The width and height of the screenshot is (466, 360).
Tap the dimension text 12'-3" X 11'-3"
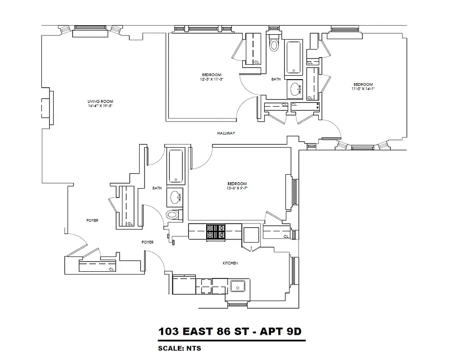[x=212, y=79]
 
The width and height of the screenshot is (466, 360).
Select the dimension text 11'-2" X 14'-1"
[x=363, y=89]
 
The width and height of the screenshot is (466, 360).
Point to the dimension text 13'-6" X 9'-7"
[x=237, y=189]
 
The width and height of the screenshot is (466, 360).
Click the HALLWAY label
[x=226, y=133]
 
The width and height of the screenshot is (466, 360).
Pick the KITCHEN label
[x=230, y=263]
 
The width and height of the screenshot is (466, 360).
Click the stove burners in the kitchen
[x=216, y=232]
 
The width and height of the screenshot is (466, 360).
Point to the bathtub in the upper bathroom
[x=294, y=57]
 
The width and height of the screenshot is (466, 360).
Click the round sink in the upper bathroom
[x=296, y=89]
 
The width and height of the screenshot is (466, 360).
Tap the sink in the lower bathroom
[x=174, y=197]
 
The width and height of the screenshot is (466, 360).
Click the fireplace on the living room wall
[x=47, y=108]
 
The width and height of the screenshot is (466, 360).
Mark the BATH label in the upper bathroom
[x=276, y=79]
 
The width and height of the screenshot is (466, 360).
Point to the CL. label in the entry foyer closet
[x=112, y=269]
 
